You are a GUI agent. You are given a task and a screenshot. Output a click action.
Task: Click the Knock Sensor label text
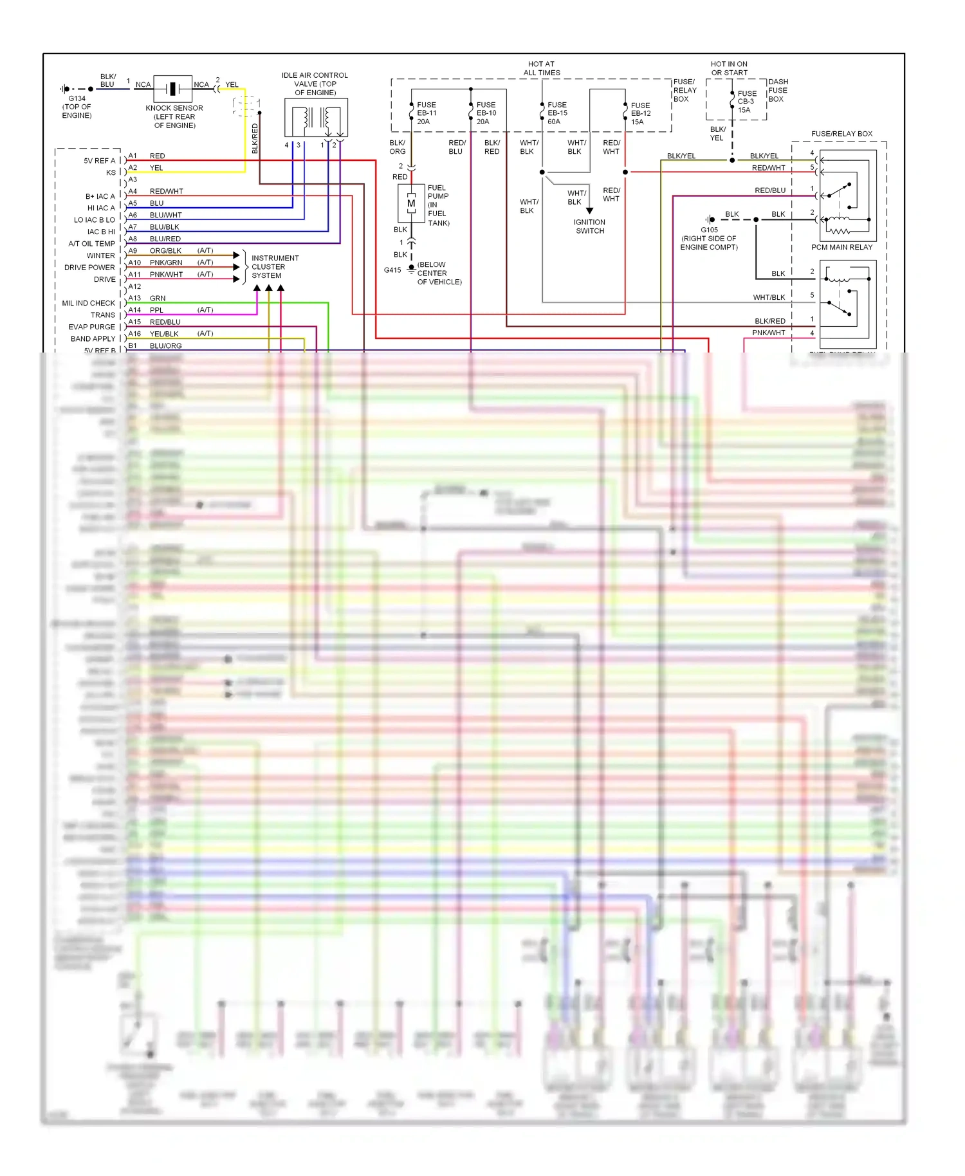click(174, 116)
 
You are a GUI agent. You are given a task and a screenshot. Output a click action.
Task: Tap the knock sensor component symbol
click(172, 89)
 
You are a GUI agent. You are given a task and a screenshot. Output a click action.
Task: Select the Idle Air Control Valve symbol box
click(316, 118)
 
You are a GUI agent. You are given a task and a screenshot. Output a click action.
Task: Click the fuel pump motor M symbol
click(411, 203)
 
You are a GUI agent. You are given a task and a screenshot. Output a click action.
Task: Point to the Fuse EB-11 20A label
click(427, 113)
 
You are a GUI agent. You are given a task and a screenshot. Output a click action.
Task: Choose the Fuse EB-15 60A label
click(557, 113)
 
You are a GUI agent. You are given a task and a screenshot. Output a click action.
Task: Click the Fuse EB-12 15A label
click(640, 114)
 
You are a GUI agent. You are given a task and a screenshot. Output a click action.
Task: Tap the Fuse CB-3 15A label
click(746, 102)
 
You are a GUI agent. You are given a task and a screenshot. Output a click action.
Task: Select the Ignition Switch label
click(590, 226)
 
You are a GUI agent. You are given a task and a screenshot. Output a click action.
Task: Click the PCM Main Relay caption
click(841, 247)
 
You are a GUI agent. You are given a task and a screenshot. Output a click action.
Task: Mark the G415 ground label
click(392, 270)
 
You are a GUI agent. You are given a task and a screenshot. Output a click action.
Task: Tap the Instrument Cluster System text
click(275, 267)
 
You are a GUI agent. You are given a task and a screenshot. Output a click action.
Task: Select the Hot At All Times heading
click(541, 68)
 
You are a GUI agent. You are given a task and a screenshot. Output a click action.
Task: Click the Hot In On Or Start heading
click(729, 68)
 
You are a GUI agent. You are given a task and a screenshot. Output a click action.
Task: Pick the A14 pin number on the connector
click(134, 310)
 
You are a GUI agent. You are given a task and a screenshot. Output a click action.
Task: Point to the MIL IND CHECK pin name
click(88, 303)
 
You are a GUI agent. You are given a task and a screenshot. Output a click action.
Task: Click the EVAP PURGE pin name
click(91, 327)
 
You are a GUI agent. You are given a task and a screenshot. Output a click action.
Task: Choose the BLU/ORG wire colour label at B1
click(165, 346)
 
